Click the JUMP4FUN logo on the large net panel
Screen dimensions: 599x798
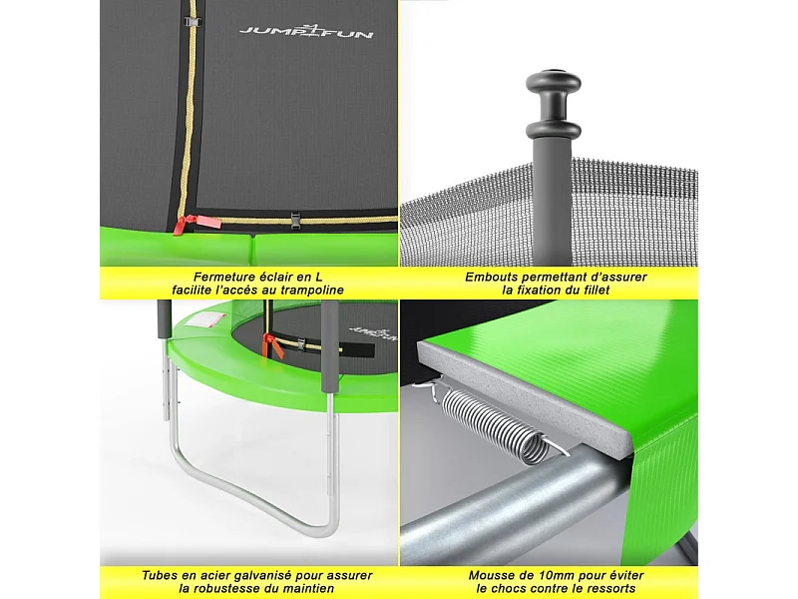coord(306,32)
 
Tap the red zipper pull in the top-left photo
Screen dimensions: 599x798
coord(180,225)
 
